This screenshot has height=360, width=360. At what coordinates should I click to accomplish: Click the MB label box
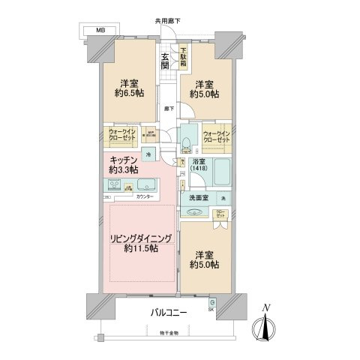coord(99,31)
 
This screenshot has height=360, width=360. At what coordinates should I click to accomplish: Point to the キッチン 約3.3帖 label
coord(124,165)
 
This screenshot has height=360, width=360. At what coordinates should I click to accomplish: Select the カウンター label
coord(145,196)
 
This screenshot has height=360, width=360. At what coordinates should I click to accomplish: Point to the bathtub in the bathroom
coord(221,175)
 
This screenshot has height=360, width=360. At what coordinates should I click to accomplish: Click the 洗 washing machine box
coord(222,197)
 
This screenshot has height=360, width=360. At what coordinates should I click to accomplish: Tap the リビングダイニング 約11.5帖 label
coord(142,243)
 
